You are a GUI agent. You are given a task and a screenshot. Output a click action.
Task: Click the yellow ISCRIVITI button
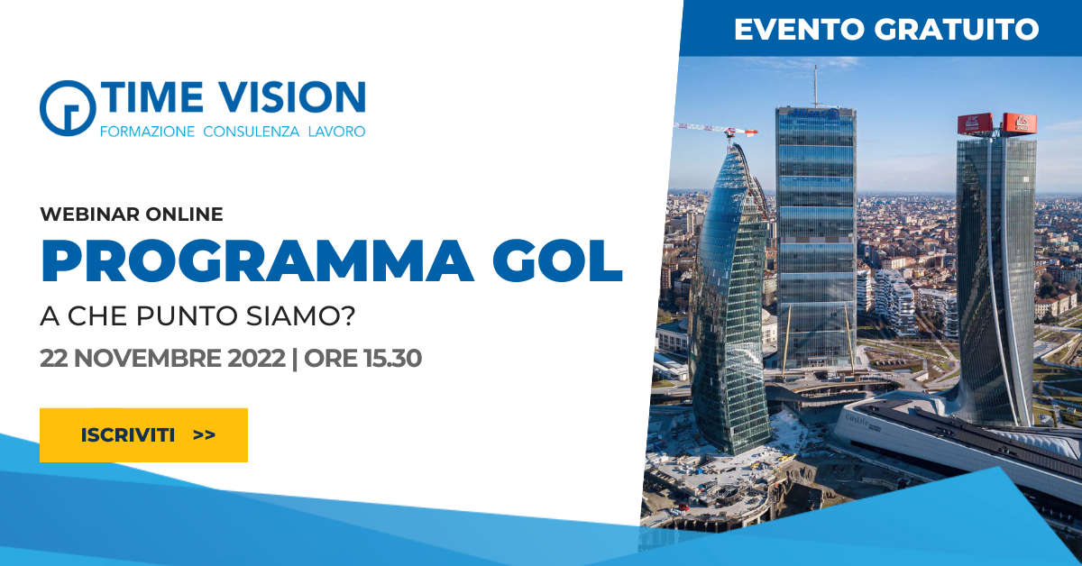(143, 435)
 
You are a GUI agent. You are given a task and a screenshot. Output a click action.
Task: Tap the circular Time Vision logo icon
(68, 108)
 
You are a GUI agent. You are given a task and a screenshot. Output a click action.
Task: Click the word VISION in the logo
(291, 97)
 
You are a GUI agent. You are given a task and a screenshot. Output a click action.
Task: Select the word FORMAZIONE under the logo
(147, 132)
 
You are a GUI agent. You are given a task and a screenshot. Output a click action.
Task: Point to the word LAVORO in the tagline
(336, 132)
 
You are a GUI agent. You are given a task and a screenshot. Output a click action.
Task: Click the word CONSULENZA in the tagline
(252, 132)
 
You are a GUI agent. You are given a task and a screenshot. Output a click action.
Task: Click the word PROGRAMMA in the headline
(256, 260)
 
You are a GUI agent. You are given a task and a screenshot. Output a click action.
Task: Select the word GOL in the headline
(557, 260)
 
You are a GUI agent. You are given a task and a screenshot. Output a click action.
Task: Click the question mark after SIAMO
(348, 315)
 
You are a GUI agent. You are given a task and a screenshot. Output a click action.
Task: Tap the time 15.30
(393, 359)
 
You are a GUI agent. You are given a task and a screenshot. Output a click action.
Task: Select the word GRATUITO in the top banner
(957, 29)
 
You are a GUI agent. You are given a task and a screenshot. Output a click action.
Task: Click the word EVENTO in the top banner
(799, 29)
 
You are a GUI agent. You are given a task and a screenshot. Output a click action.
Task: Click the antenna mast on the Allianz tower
(816, 86)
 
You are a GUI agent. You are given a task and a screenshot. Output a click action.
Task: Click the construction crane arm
(715, 129)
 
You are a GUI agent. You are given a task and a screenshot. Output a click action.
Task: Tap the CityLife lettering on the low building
(857, 421)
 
